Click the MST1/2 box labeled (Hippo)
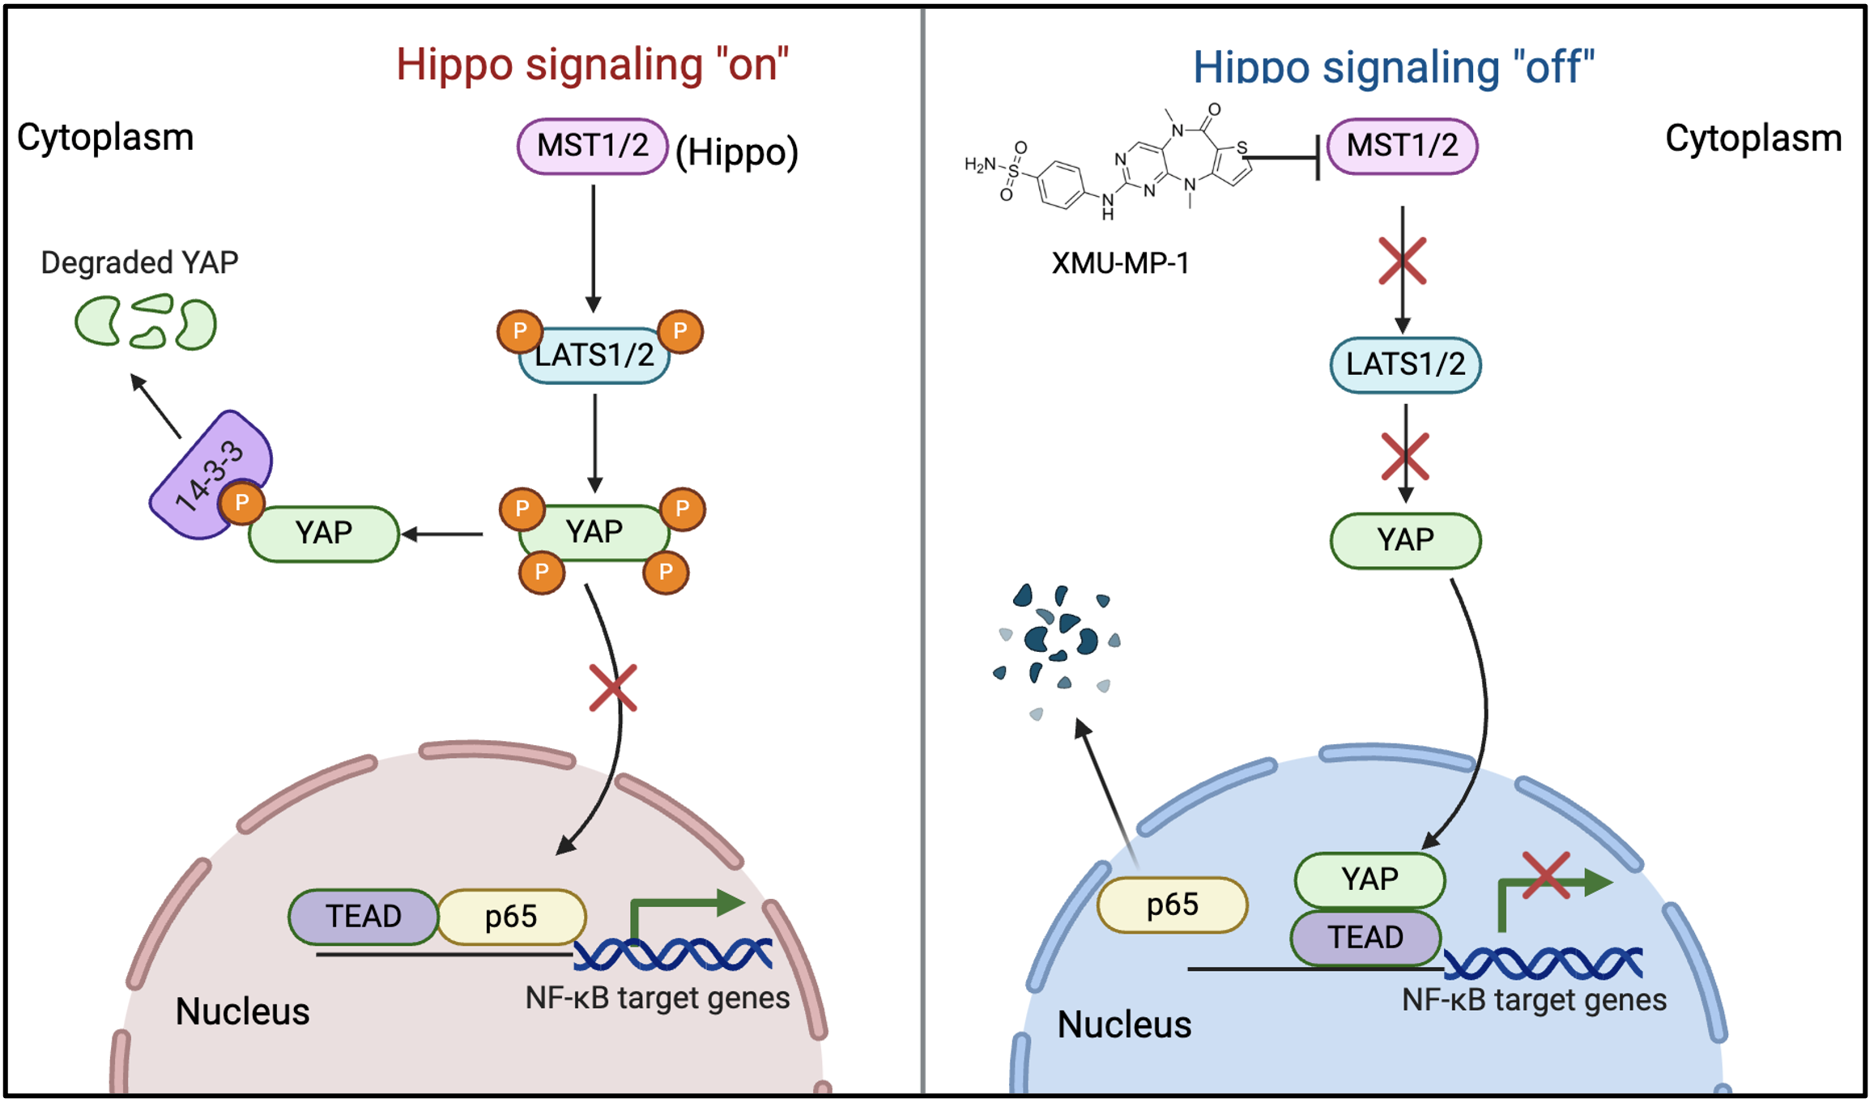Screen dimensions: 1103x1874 point(592,147)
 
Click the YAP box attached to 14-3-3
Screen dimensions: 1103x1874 point(324,534)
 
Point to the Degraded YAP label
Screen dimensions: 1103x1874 point(139,262)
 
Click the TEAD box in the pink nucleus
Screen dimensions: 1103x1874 point(364,917)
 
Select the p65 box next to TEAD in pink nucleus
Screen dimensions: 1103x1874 point(511,917)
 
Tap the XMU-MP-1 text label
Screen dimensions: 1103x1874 point(1120,263)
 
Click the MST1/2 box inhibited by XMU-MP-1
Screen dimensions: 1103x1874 point(1402,147)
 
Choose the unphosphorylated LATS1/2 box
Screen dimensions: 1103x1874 point(1405,364)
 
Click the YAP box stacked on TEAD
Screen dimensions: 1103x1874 point(1369,879)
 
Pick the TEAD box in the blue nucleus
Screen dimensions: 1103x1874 point(1365,938)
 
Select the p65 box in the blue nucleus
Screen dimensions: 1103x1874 point(1172,905)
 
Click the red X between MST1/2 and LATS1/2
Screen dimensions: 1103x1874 point(1402,261)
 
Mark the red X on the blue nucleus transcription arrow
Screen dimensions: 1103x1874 point(1546,875)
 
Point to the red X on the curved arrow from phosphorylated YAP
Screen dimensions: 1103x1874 point(613,688)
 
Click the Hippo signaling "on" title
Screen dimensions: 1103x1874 point(592,65)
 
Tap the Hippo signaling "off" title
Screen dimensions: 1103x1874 point(1393,67)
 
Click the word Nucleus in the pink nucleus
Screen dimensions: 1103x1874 point(242,1011)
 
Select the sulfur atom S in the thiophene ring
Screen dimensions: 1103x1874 point(1242,149)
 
